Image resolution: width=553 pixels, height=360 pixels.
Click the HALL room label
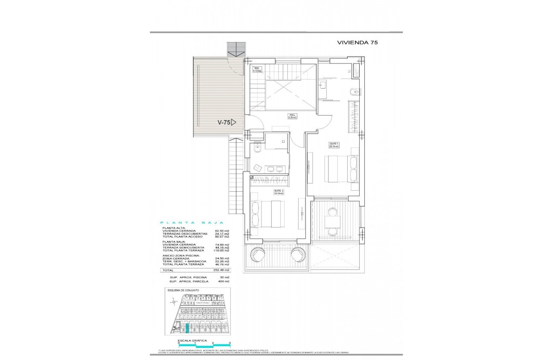click(x=292, y=116)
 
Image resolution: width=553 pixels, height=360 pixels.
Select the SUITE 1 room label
click(x=334, y=145)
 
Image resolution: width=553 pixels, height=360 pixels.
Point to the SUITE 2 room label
click(x=279, y=192)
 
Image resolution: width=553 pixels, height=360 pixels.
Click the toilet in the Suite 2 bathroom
click(x=257, y=148)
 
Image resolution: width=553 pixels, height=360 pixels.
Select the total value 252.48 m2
click(x=222, y=270)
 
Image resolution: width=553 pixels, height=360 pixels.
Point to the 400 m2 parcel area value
click(x=223, y=281)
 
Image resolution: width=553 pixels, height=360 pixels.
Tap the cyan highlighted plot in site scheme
click(x=187, y=329)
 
